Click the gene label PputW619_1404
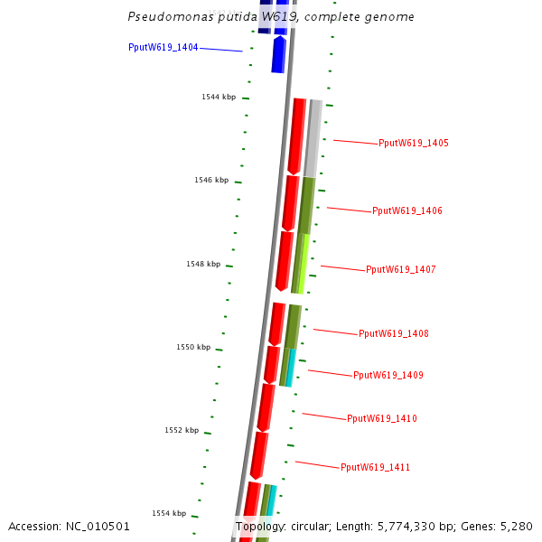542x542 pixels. click(x=163, y=47)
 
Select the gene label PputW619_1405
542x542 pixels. click(x=414, y=144)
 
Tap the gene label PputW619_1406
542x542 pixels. click(x=407, y=211)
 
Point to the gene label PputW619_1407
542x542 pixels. click(x=401, y=270)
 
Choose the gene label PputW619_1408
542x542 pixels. click(x=394, y=334)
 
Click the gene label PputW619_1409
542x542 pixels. click(x=388, y=376)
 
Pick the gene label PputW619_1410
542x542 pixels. click(x=382, y=419)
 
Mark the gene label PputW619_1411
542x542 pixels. click(x=376, y=468)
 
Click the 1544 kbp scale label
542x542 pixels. click(x=219, y=97)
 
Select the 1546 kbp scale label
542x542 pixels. click(x=211, y=181)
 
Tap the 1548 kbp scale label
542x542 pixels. click(x=203, y=265)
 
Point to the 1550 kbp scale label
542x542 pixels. click(x=193, y=348)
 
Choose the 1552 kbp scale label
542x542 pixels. click(x=182, y=431)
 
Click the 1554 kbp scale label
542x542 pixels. click(x=169, y=514)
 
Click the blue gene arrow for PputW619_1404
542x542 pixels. click(x=279, y=54)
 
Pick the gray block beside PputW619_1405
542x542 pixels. click(x=313, y=137)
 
